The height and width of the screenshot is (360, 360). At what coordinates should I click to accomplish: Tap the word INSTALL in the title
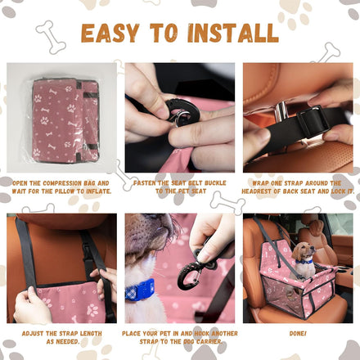232,34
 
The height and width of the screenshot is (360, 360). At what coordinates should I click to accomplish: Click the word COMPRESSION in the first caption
62,183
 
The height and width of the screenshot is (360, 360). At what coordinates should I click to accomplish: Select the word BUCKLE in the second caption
215,183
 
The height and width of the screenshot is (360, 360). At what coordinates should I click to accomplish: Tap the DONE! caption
298,334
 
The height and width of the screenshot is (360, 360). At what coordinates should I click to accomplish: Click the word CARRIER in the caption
209,342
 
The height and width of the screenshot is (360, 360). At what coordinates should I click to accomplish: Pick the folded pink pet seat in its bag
65,120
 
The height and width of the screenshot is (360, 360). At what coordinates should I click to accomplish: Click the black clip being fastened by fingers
182,112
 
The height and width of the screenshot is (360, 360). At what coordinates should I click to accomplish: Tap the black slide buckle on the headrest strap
313,121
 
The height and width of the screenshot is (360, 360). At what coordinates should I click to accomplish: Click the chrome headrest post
281,111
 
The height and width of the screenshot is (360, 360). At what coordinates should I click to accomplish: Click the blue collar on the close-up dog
140,290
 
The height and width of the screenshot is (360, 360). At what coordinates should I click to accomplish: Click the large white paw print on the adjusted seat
92,310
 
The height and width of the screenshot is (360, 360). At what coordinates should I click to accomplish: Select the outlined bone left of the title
51,37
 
